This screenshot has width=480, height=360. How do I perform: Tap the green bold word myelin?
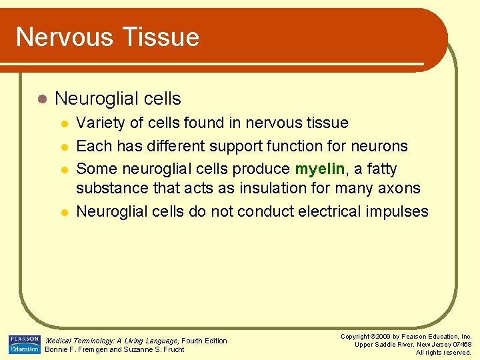pyautogui.click(x=319, y=169)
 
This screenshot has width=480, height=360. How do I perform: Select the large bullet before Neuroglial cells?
pyautogui.click(x=42, y=99)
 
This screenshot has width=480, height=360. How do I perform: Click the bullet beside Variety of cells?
pyautogui.click(x=64, y=123)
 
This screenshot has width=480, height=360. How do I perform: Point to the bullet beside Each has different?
pyautogui.click(x=64, y=146)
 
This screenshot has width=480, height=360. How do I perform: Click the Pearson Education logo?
pyautogui.click(x=24, y=344)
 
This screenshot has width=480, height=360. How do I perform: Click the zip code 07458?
pyautogui.click(x=459, y=344)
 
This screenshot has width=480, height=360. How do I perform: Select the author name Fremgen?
pyautogui.click(x=89, y=349)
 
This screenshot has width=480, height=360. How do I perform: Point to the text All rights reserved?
pyautogui.click(x=443, y=352)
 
